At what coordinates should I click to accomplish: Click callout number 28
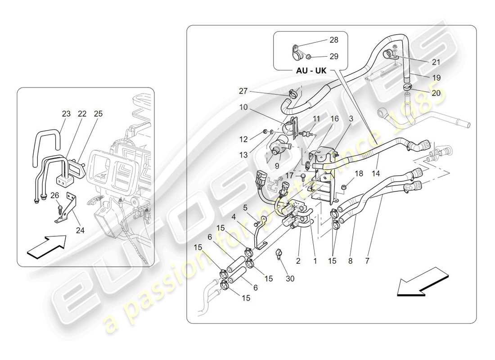[x=333, y=40]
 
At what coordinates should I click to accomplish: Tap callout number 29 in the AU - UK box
[x=333, y=56]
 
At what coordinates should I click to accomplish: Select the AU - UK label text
[x=311, y=71]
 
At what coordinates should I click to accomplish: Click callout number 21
[x=436, y=62]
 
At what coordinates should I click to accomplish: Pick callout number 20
[x=436, y=93]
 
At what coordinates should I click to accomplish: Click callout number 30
[x=290, y=279]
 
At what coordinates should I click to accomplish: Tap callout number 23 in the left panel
[x=66, y=114]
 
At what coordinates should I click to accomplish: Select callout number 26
[x=54, y=195]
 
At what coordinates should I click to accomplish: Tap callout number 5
[x=246, y=207]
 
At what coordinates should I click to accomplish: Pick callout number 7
[x=367, y=260]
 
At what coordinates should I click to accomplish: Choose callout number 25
[x=99, y=114]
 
